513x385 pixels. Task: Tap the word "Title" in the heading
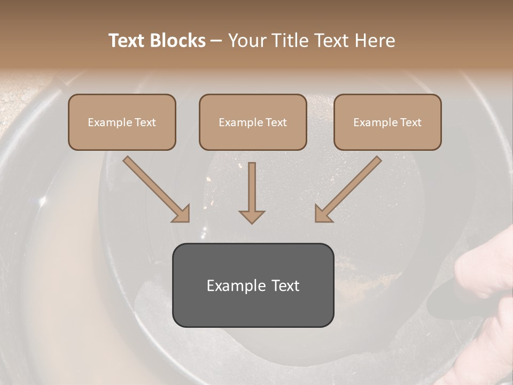click(x=290, y=41)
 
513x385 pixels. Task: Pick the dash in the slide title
click(x=216, y=41)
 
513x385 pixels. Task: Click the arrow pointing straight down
click(x=252, y=192)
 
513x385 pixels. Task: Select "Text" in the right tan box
click(x=410, y=122)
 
